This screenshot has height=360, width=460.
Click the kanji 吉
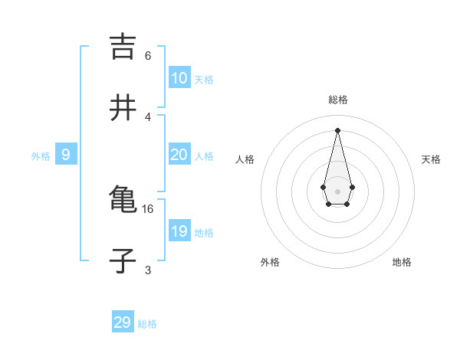coord(123,47)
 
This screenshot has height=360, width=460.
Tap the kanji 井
coord(123,108)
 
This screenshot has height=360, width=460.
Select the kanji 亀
coord(123,199)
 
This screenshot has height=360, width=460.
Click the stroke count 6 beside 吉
coord(148,56)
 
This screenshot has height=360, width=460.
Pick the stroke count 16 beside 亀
coord(148,208)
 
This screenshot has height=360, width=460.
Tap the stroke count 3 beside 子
coord(148,270)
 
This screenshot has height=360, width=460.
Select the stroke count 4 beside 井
coord(148,116)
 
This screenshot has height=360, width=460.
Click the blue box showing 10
coord(179,78)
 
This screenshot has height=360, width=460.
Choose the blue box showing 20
coord(179,155)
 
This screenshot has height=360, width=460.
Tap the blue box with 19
coord(179,231)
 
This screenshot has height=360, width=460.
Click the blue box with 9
coord(66,155)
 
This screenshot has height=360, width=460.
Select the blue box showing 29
coord(123,322)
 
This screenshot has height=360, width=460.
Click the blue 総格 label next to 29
coord(147,324)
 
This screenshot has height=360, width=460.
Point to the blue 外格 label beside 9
coord(41,156)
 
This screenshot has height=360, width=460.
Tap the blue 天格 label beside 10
coord(204,80)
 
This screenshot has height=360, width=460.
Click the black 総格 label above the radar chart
coord(338,100)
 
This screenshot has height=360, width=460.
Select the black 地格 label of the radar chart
coord(402,263)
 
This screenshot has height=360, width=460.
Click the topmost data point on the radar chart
coord(337,129)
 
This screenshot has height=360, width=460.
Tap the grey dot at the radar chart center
coord(337,191)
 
